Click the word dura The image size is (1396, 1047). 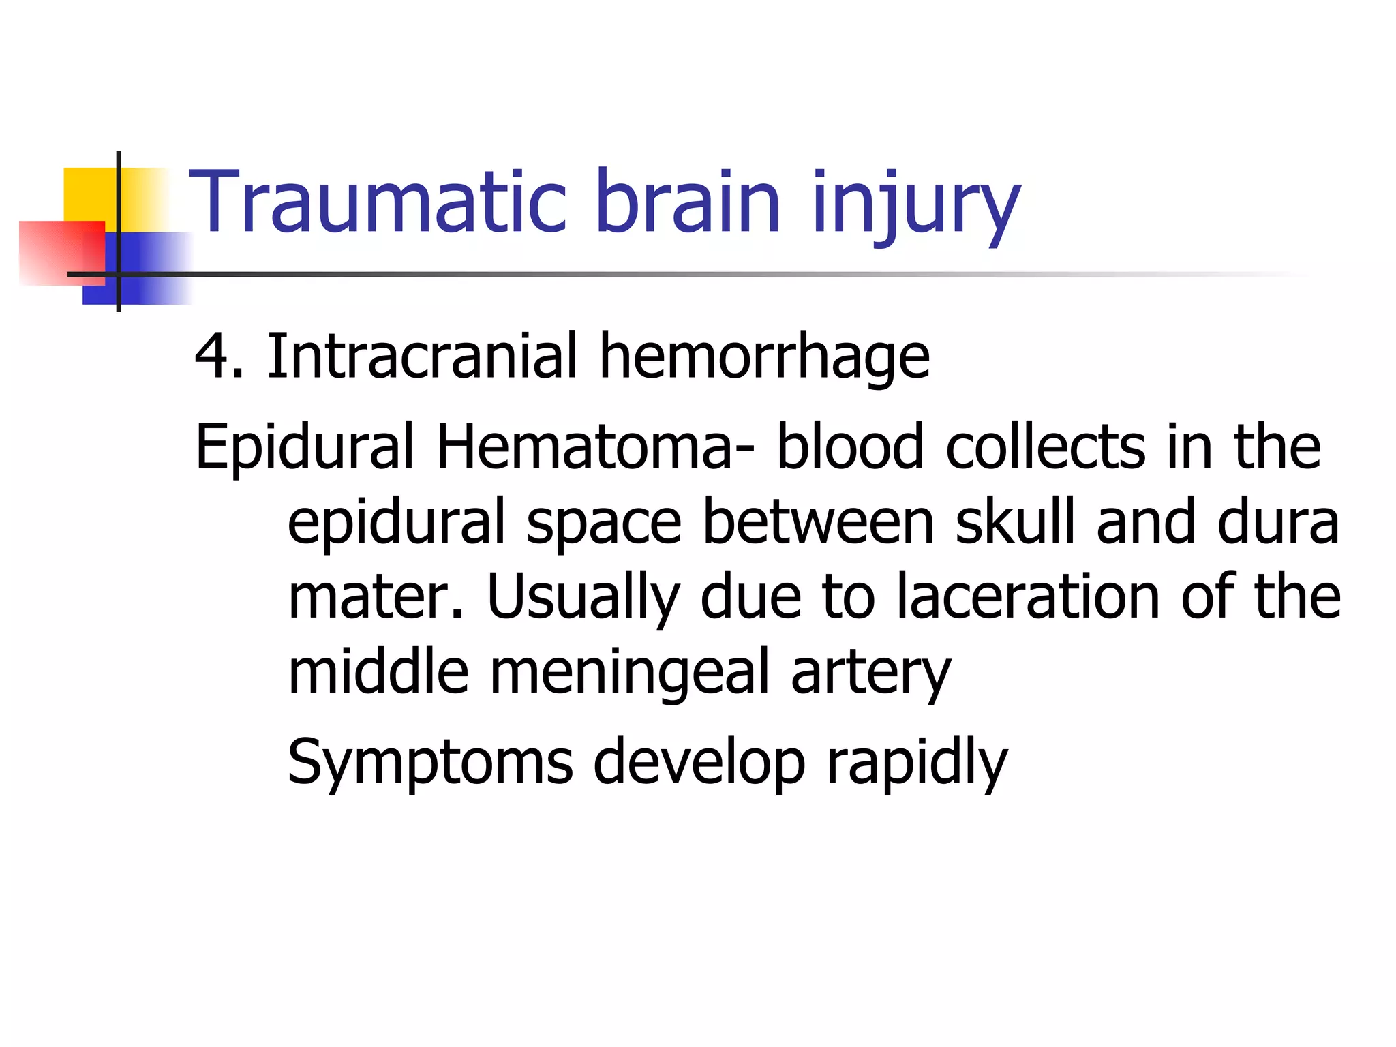tap(1278, 521)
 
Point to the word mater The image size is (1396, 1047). tap(375, 596)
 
